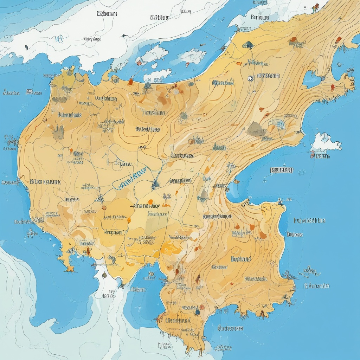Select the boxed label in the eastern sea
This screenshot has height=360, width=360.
pos(281,170)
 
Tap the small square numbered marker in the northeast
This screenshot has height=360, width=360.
pos(250,78)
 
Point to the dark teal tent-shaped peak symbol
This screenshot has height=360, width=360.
pos(248,45)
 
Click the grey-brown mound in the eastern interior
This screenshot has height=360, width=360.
pos(256,130)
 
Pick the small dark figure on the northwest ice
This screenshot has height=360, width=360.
pos(26,47)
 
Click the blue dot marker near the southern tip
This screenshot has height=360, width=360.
pos(198,312)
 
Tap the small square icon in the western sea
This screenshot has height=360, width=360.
pos(30,92)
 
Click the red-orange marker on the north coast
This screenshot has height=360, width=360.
pos(131,82)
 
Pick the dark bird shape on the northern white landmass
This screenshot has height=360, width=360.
pos(124,36)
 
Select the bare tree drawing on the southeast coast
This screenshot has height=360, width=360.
pos(289,275)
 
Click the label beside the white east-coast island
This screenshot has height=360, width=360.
pos(321,155)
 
